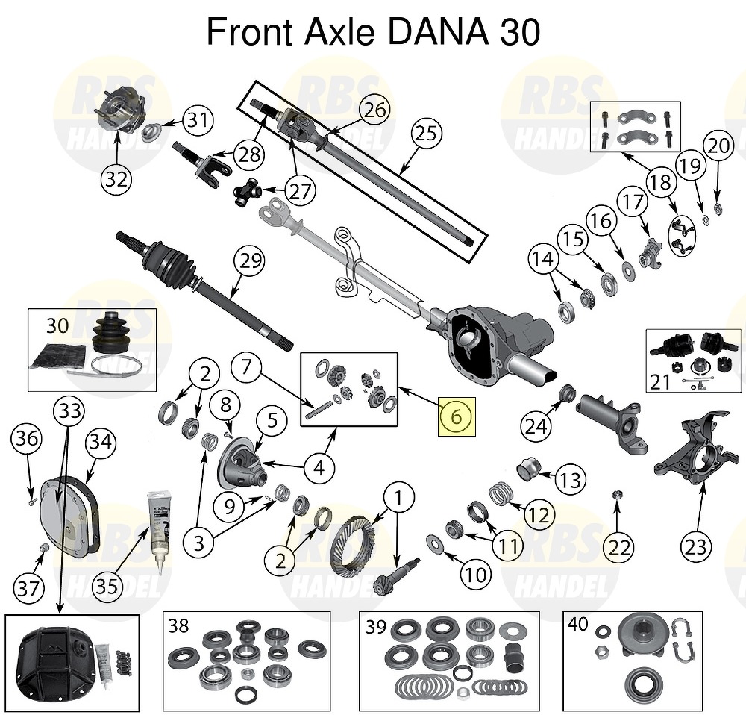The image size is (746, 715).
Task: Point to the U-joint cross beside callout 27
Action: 246,193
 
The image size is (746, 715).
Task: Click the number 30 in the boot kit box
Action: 57,325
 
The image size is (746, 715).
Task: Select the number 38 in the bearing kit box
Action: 178,625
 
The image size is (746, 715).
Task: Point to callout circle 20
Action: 717,146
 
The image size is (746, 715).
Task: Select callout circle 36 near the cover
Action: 26,439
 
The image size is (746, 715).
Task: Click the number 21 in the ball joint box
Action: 660,382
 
